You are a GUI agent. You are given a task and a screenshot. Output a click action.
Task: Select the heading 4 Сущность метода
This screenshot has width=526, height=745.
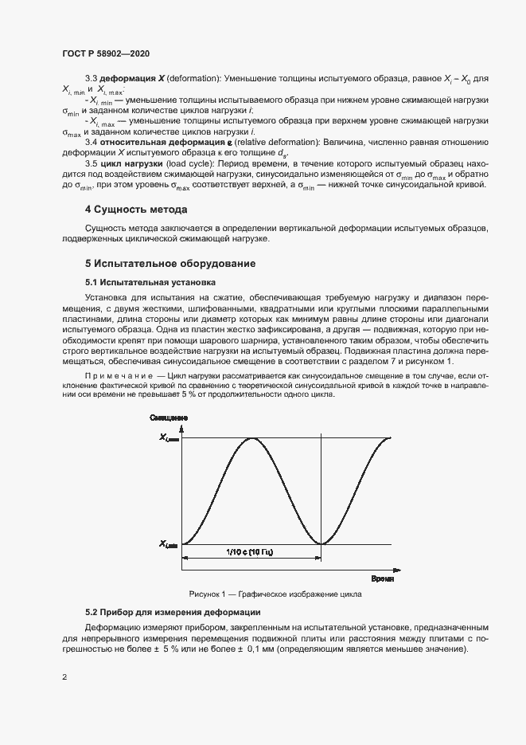136,210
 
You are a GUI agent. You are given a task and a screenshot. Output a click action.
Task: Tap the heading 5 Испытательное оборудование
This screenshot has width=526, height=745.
169,263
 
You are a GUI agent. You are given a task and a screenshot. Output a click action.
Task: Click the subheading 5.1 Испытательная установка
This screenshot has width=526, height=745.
150,282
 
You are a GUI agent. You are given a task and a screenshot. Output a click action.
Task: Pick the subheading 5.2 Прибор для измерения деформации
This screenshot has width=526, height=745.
173,613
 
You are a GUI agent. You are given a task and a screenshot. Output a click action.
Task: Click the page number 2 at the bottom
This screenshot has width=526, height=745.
64,678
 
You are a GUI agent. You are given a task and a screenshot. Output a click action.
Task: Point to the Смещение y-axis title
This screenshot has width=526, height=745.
168,418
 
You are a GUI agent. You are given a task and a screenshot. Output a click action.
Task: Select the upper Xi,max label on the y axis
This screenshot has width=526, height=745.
169,437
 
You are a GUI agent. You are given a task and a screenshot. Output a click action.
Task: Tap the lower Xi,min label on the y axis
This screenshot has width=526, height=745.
169,544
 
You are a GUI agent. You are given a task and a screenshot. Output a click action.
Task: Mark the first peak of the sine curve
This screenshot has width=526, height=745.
252,437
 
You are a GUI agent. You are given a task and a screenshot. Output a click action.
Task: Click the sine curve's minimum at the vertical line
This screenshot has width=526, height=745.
321,543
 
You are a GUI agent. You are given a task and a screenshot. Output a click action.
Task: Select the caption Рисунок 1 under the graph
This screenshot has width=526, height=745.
275,594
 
